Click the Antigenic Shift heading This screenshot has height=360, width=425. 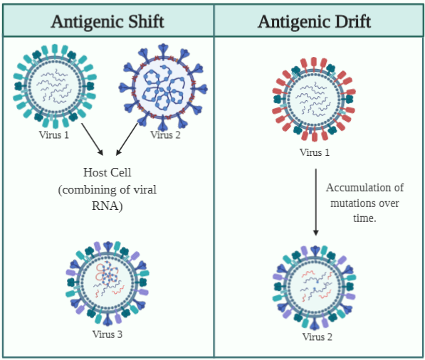(x=107, y=21)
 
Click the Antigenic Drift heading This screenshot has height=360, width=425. (x=314, y=21)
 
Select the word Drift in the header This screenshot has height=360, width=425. (x=349, y=21)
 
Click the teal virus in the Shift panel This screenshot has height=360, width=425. (x=54, y=85)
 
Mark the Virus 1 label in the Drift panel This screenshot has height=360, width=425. (x=314, y=152)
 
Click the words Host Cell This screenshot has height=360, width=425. (x=107, y=173)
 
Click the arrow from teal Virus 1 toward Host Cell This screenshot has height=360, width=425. (x=93, y=140)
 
